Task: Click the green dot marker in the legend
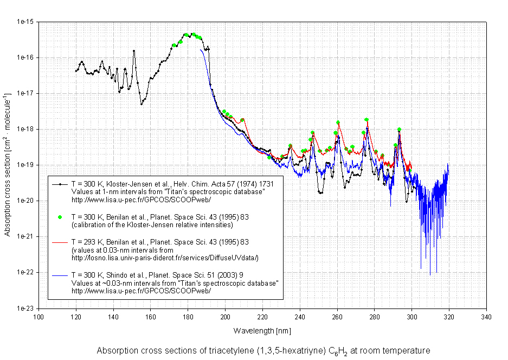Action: tap(61, 217)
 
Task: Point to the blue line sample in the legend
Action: tap(61, 276)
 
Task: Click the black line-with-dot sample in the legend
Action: tap(61, 184)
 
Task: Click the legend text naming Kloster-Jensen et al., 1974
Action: tap(172, 184)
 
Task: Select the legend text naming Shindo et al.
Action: tap(157, 276)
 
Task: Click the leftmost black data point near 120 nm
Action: tap(76, 71)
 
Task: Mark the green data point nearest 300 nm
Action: tap(409, 170)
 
